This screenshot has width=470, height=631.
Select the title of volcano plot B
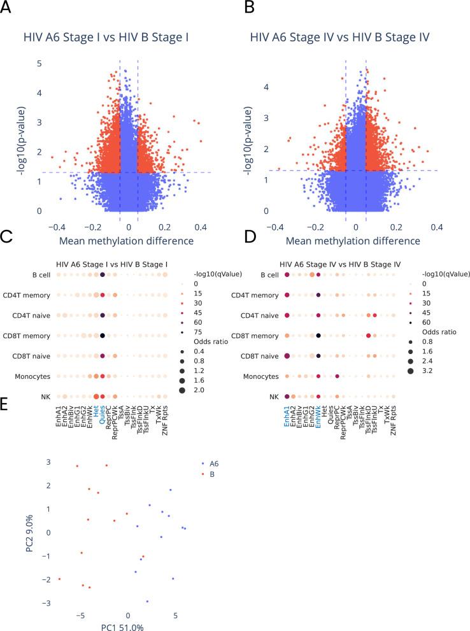point(342,36)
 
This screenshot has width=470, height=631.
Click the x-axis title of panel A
point(127,241)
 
